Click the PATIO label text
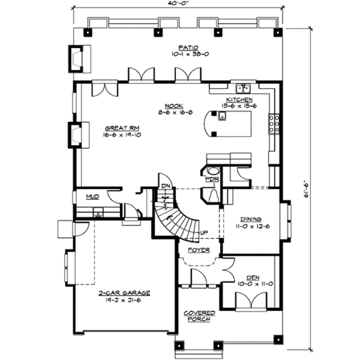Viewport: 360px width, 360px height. [x=188, y=48]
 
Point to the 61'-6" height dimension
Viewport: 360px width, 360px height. [x=306, y=190]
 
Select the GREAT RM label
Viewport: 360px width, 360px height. [x=122, y=128]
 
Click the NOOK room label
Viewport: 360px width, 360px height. [x=174, y=106]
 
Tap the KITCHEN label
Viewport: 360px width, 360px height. [x=239, y=99]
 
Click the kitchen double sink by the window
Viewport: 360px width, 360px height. [x=244, y=89]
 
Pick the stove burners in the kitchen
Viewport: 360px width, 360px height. [x=274, y=124]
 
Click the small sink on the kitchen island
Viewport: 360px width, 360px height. [x=222, y=116]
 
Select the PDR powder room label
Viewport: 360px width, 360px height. [x=212, y=179]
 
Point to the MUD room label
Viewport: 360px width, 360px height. [x=92, y=197]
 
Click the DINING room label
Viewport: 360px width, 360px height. [x=251, y=219]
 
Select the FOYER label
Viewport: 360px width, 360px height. [x=199, y=250]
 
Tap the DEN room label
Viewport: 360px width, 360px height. [x=253, y=278]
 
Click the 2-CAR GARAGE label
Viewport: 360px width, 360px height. [x=124, y=293]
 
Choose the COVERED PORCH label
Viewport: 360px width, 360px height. [x=199, y=316]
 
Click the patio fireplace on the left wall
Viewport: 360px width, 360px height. [x=79, y=59]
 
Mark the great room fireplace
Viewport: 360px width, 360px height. [x=79, y=135]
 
